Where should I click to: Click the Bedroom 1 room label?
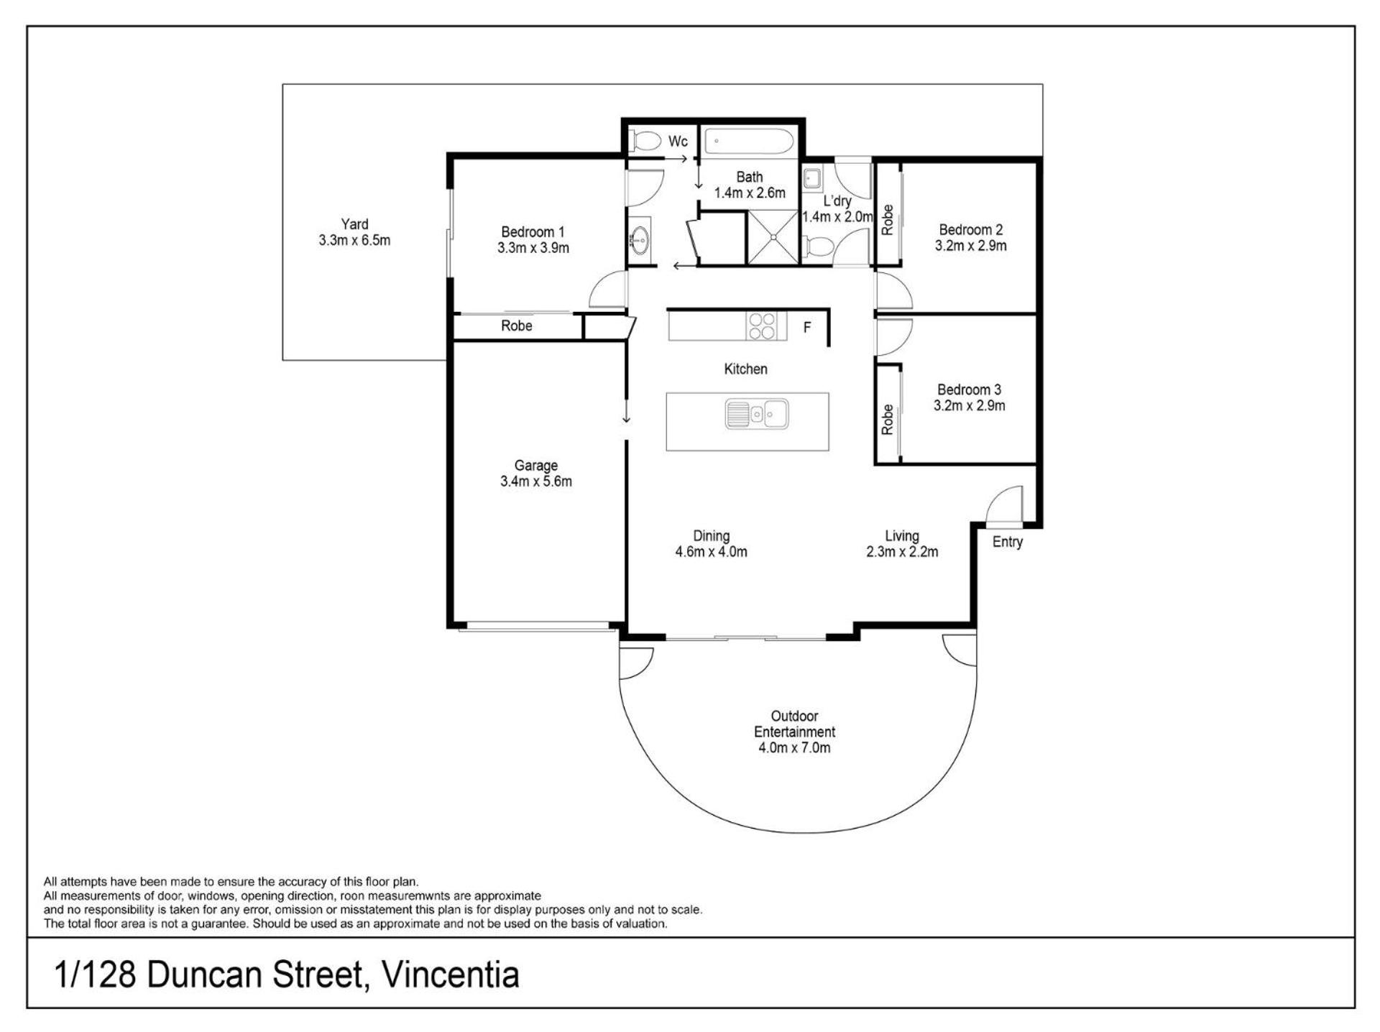click(533, 232)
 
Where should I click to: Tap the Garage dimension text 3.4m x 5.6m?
click(536, 482)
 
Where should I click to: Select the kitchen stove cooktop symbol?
click(761, 326)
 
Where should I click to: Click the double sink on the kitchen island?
click(757, 414)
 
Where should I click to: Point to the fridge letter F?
click(807, 328)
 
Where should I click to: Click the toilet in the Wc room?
click(645, 141)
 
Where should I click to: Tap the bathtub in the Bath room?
click(748, 141)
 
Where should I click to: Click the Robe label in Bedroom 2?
click(888, 220)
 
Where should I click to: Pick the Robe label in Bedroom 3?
click(888, 419)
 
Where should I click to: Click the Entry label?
click(1008, 542)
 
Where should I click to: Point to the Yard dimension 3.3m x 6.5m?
click(355, 241)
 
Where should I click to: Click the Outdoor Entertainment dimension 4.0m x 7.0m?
click(795, 748)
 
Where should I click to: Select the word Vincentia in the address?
click(451, 975)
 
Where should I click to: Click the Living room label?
click(902, 536)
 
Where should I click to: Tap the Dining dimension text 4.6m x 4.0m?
click(712, 552)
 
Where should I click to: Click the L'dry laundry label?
click(837, 201)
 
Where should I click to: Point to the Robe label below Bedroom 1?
click(517, 326)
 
